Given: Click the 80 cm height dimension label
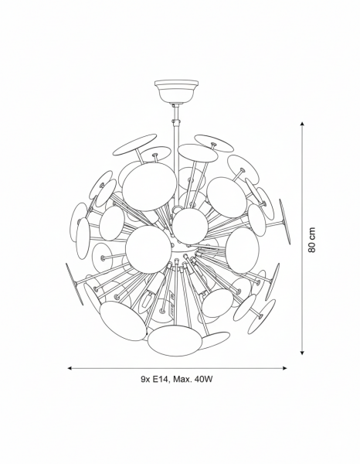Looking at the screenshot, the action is (311, 240).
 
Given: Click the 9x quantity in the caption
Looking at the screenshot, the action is (145, 380).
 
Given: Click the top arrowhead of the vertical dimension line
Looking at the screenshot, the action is (302, 124).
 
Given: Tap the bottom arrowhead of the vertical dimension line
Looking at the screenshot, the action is (302, 352).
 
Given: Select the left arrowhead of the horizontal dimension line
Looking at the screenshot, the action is (70, 368).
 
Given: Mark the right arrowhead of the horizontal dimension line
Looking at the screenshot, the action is (284, 368).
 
